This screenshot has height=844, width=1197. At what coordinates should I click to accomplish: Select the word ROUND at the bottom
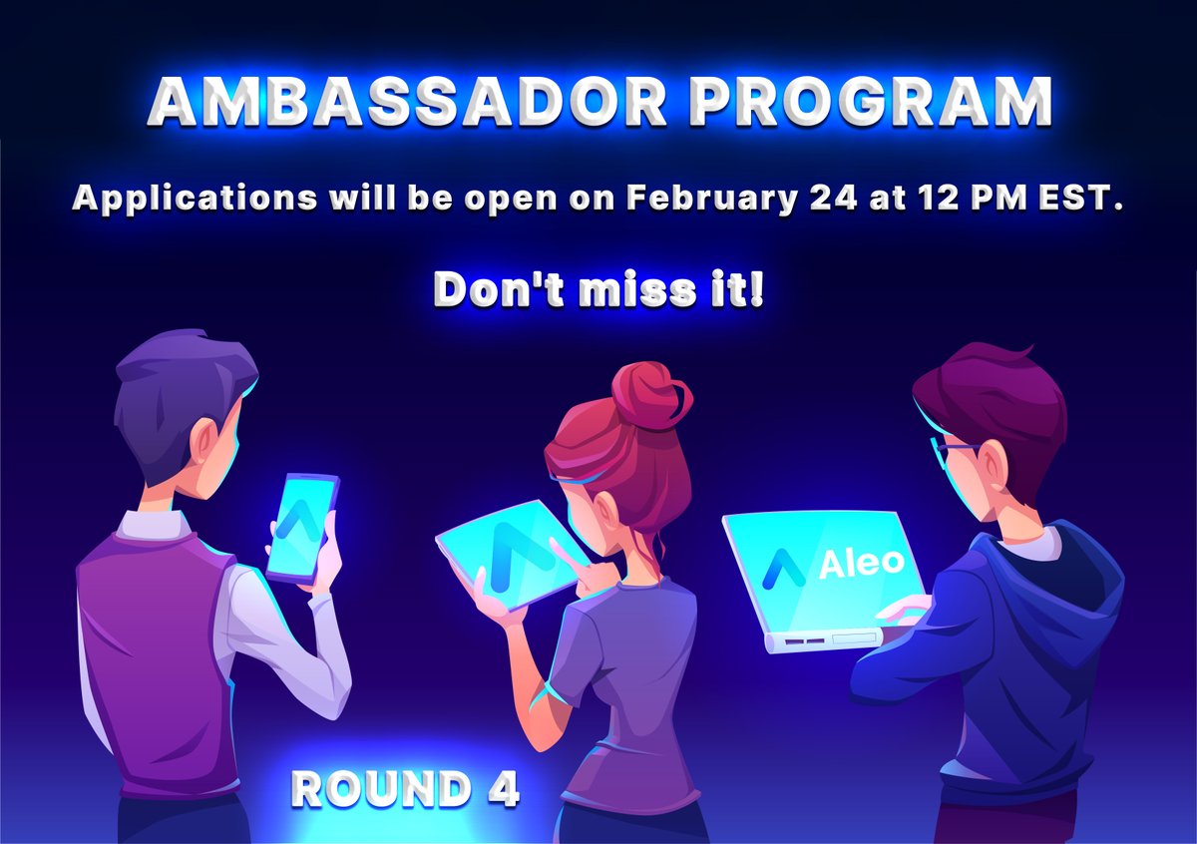[380, 789]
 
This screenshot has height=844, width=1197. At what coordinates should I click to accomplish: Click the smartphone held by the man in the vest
[302, 526]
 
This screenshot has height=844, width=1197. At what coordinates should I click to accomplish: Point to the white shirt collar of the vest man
[150, 523]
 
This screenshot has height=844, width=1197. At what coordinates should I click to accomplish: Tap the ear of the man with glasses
[994, 465]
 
